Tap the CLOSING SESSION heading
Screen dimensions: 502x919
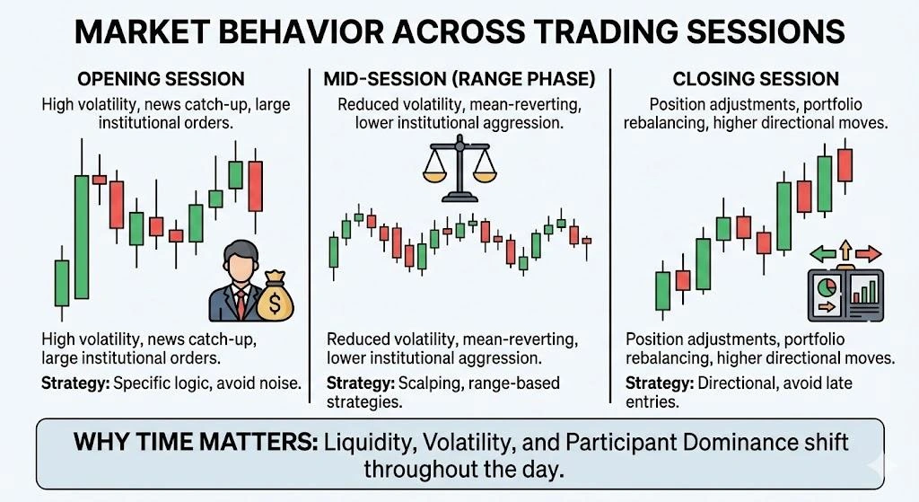pos(756,79)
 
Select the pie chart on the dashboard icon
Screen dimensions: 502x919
pos(827,289)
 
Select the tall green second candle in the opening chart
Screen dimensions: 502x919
pos(82,236)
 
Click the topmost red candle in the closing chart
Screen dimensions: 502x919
pos(845,165)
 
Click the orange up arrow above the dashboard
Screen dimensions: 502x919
pos(845,249)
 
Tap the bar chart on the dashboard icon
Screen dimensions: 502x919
pos(865,291)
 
